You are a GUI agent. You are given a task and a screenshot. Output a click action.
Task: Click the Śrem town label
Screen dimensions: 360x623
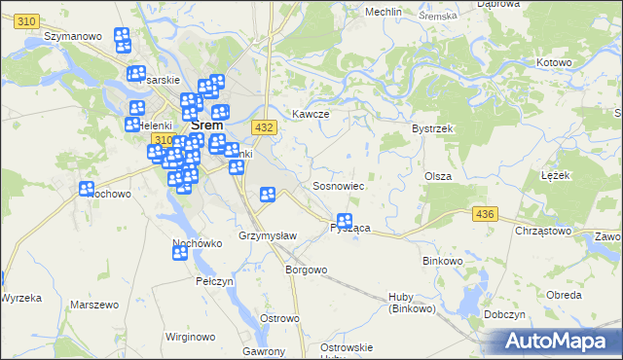point(207,125)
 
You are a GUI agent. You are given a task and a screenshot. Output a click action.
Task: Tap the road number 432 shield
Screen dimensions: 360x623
point(263,127)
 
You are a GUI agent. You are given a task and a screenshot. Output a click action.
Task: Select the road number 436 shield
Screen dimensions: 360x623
point(484,213)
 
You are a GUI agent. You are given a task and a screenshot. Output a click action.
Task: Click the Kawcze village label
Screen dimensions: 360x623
point(311,114)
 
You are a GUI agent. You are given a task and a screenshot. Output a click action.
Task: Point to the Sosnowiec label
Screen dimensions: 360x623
point(338,185)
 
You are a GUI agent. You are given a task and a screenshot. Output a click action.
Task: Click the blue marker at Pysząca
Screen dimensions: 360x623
point(344,222)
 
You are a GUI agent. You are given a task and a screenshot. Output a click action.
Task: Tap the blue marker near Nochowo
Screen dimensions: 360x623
point(86,189)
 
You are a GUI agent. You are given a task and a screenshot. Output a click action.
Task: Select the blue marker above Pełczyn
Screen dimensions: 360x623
point(180,253)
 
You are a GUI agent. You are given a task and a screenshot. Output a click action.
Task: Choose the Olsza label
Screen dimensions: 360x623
point(435,176)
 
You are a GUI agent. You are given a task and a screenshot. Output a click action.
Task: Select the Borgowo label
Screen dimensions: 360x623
point(305,270)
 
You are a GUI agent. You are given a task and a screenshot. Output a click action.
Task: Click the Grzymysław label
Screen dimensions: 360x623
point(260,236)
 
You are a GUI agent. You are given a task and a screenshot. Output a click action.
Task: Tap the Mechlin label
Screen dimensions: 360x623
point(383,12)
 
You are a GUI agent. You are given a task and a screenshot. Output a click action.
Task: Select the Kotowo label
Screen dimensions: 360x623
point(554,63)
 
